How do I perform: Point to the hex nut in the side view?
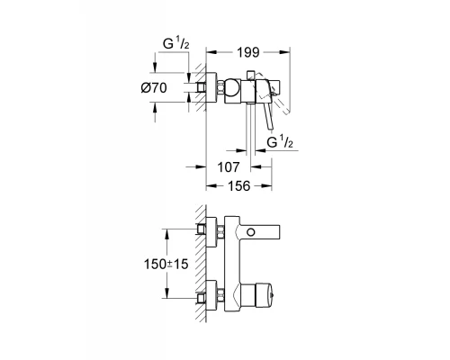click(x=221, y=89)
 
